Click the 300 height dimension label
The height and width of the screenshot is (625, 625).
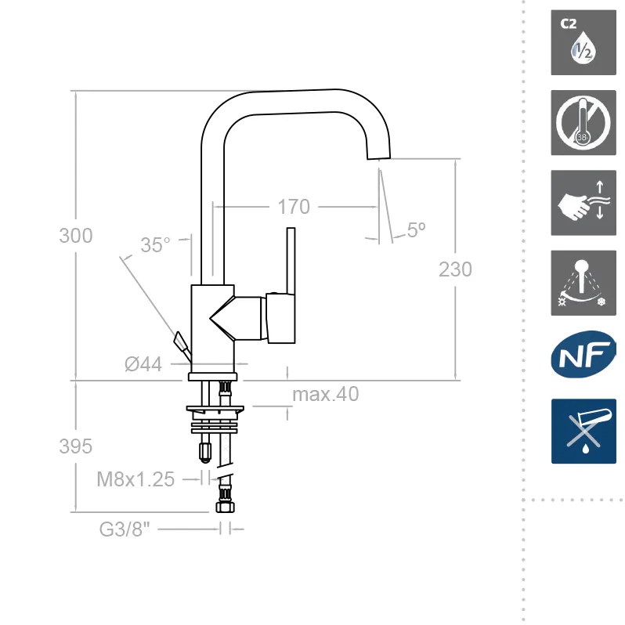(76, 236)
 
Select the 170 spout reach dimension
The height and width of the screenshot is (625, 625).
(294, 208)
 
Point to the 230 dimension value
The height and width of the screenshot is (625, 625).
(455, 269)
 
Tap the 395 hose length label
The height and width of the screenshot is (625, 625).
(76, 446)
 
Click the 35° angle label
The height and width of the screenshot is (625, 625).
(155, 245)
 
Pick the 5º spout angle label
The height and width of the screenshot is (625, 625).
(416, 229)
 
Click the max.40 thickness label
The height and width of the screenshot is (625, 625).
(325, 394)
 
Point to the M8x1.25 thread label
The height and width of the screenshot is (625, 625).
(135, 479)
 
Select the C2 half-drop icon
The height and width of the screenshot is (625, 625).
(583, 43)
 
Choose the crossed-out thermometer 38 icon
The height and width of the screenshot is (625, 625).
(583, 123)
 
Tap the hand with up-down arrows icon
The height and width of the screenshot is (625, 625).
(583, 203)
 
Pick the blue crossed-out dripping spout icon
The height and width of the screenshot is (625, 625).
(583, 431)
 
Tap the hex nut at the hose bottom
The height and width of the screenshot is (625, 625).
(225, 508)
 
